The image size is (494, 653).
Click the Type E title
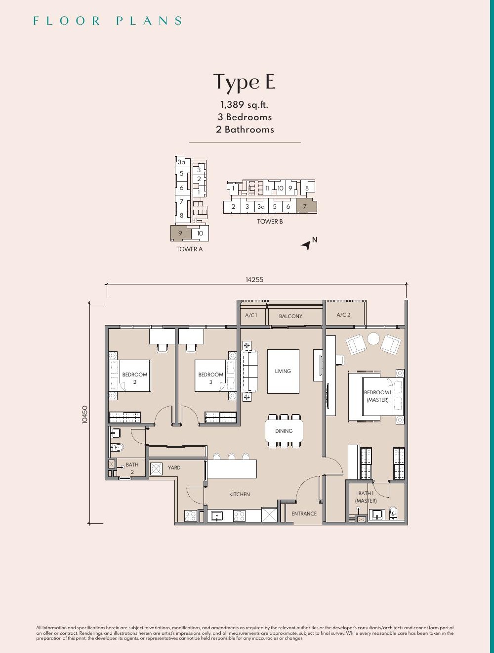click(244, 82)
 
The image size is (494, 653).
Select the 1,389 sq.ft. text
click(244, 105)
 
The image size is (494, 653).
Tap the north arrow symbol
click(306, 245)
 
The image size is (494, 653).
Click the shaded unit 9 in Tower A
click(181, 233)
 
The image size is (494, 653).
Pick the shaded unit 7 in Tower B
click(307, 206)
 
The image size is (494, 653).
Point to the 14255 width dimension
click(254, 280)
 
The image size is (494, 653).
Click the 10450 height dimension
click(85, 415)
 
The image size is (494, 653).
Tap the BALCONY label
click(290, 316)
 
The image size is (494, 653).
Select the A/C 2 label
click(343, 315)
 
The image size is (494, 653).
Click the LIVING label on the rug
click(283, 371)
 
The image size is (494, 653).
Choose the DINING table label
click(284, 431)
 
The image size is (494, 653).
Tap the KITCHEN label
click(240, 494)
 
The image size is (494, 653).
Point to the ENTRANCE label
click(304, 513)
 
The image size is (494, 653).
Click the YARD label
click(174, 467)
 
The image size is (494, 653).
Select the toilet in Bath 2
click(117, 447)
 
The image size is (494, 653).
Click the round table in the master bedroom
click(373, 338)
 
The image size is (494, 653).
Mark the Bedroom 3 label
click(210, 378)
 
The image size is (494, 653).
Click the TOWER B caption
click(270, 221)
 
